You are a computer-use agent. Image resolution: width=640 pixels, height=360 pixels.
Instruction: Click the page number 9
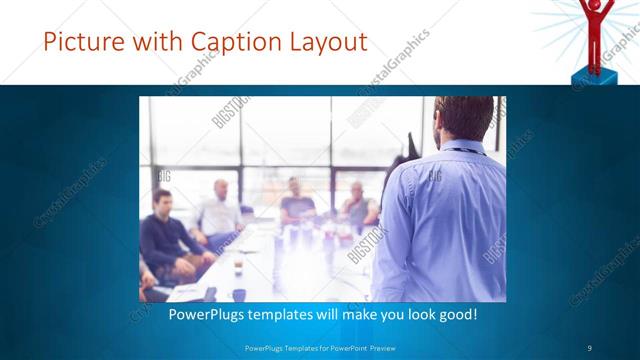pyautogui.click(x=590, y=347)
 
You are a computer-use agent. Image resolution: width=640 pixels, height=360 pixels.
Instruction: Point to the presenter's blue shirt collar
pyautogui.click(x=463, y=146)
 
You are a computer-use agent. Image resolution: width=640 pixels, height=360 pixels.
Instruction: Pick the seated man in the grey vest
pyautogui.click(x=358, y=205)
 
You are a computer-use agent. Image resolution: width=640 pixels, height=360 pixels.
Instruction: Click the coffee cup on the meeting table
pyautogui.click(x=238, y=264)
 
